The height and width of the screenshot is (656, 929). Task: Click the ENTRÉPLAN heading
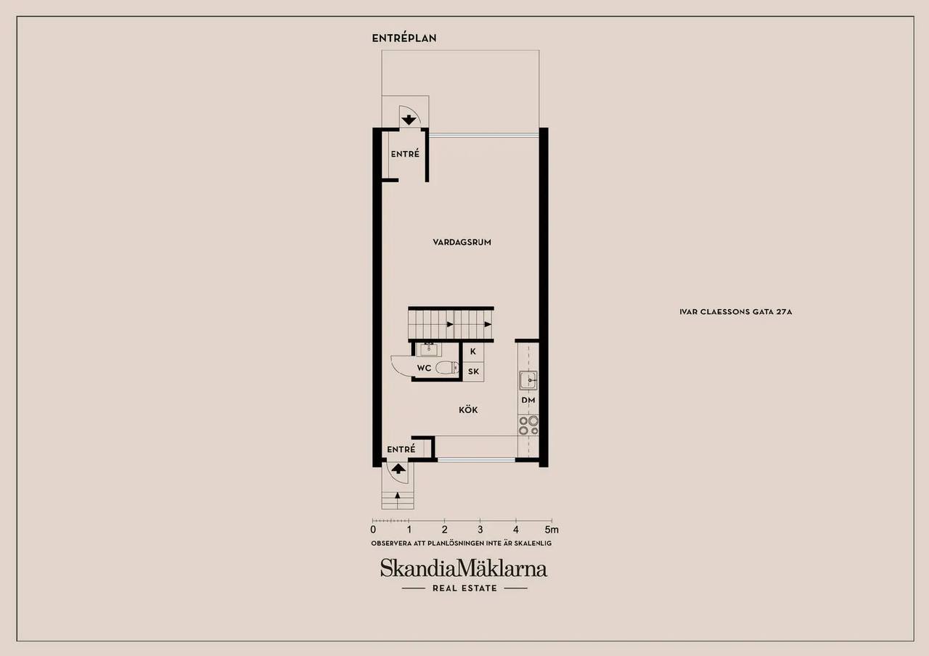[404, 38]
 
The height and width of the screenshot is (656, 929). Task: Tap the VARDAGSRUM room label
[462, 242]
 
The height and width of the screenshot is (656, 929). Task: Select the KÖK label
[468, 410]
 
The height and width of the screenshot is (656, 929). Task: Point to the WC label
[424, 368]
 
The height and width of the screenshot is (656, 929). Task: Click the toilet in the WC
[447, 368]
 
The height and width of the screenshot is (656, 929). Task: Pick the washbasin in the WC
[428, 350]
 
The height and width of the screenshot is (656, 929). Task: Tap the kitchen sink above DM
[528, 380]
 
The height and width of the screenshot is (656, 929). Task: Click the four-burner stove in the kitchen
[528, 426]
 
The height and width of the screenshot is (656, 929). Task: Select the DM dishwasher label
[528, 400]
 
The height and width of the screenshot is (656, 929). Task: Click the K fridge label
[472, 352]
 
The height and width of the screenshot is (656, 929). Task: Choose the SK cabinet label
[473, 372]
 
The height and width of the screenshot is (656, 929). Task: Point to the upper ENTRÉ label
[405, 154]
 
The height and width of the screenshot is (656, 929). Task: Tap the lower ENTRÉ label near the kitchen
[401, 449]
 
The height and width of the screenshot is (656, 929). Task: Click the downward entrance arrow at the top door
[409, 120]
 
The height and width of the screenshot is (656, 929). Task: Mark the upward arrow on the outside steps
[397, 495]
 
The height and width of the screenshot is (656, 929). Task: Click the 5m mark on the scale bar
[552, 530]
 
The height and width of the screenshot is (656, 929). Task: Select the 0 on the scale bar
[373, 530]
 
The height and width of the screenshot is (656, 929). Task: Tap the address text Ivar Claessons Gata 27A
[736, 312]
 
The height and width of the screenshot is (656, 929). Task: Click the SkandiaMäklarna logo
[464, 568]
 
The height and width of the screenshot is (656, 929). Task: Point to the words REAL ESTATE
[464, 588]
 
